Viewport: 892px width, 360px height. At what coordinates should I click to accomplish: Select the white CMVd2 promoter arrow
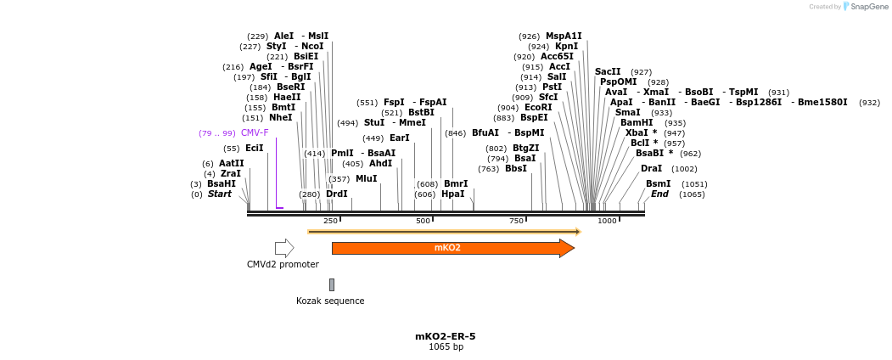(284, 248)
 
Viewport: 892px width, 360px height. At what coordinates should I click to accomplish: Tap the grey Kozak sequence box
(332, 284)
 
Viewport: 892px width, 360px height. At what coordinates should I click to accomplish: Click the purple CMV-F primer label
(255, 133)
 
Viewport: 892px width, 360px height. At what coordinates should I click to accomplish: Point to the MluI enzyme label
(366, 179)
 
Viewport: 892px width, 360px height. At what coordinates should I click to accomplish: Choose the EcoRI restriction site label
(538, 108)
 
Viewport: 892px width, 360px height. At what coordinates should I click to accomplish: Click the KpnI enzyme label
(566, 47)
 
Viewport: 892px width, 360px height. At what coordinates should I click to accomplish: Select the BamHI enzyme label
(637, 123)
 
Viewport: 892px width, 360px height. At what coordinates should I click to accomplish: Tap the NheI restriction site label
(280, 118)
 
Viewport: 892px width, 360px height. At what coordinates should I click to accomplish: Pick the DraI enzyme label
(651, 169)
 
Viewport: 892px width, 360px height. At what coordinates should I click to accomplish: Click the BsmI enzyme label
(658, 184)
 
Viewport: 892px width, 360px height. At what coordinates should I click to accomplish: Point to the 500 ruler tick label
(423, 221)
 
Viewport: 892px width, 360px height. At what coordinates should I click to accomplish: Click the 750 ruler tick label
(516, 221)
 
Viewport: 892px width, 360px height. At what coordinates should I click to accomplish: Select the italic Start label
(219, 194)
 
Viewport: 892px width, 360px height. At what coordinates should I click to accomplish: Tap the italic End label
(659, 194)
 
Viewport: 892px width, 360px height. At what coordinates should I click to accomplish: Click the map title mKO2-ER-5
(446, 336)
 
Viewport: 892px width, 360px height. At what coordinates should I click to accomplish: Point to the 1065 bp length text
(446, 346)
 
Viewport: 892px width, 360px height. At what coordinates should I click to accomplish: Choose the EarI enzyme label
(400, 138)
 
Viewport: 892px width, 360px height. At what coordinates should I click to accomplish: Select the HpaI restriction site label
(453, 194)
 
